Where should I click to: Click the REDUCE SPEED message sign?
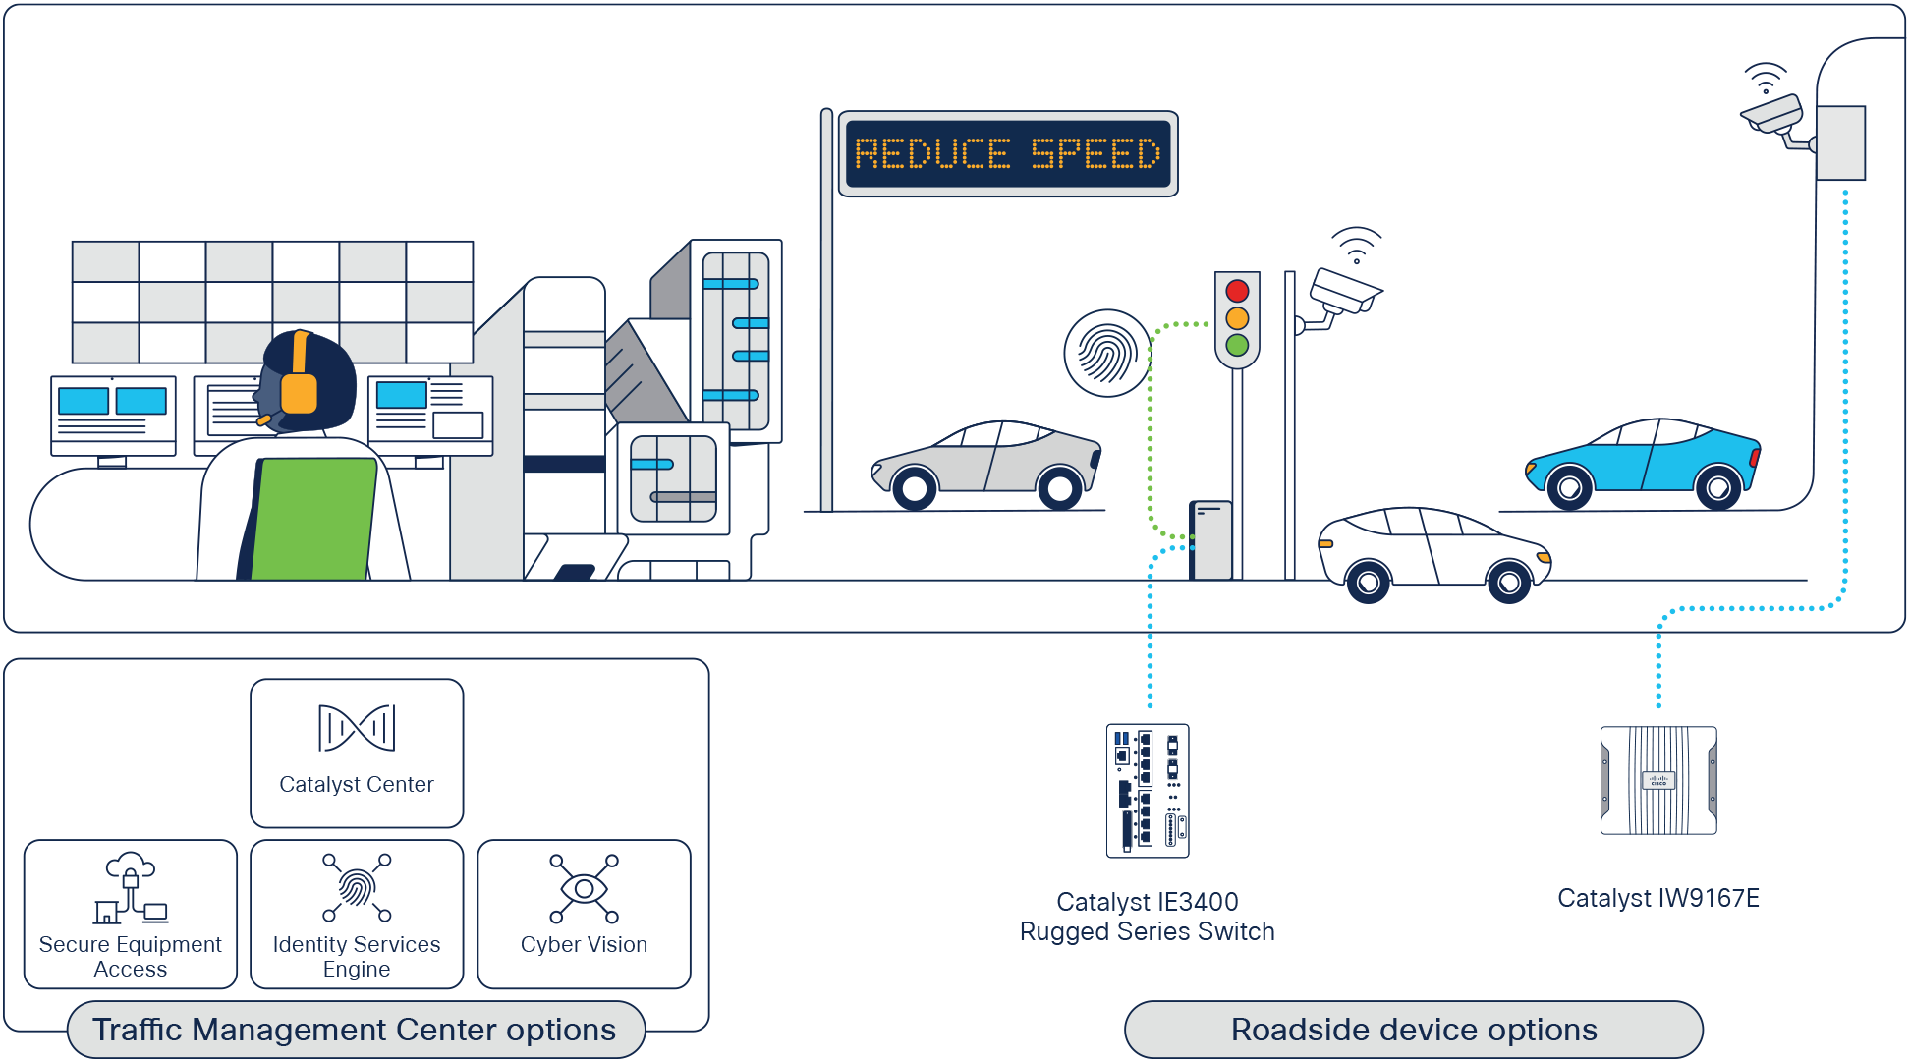pos(1008,154)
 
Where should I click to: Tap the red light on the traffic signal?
pos(1237,291)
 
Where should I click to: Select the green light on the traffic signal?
pos(1237,346)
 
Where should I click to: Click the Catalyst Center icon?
pos(357,728)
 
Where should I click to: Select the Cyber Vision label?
pos(584,945)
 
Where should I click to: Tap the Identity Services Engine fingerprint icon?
pos(357,888)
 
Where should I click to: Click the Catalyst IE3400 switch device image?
pos(1148,791)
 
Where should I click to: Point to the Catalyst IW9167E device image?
pos(1658,781)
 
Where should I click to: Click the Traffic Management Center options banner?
pos(355,1030)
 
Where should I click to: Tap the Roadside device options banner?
pos(1414,1030)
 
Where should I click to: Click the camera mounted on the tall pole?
pos(1773,117)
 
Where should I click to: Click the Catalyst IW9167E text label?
pos(1658,898)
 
